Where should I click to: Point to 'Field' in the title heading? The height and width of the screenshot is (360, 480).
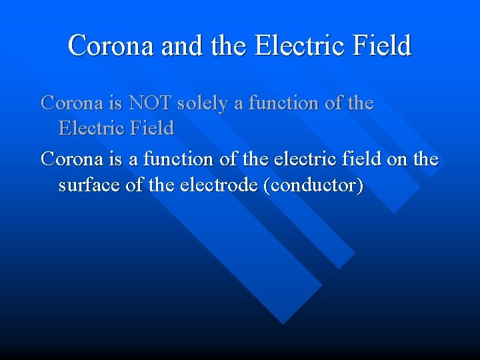pos(382,46)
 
